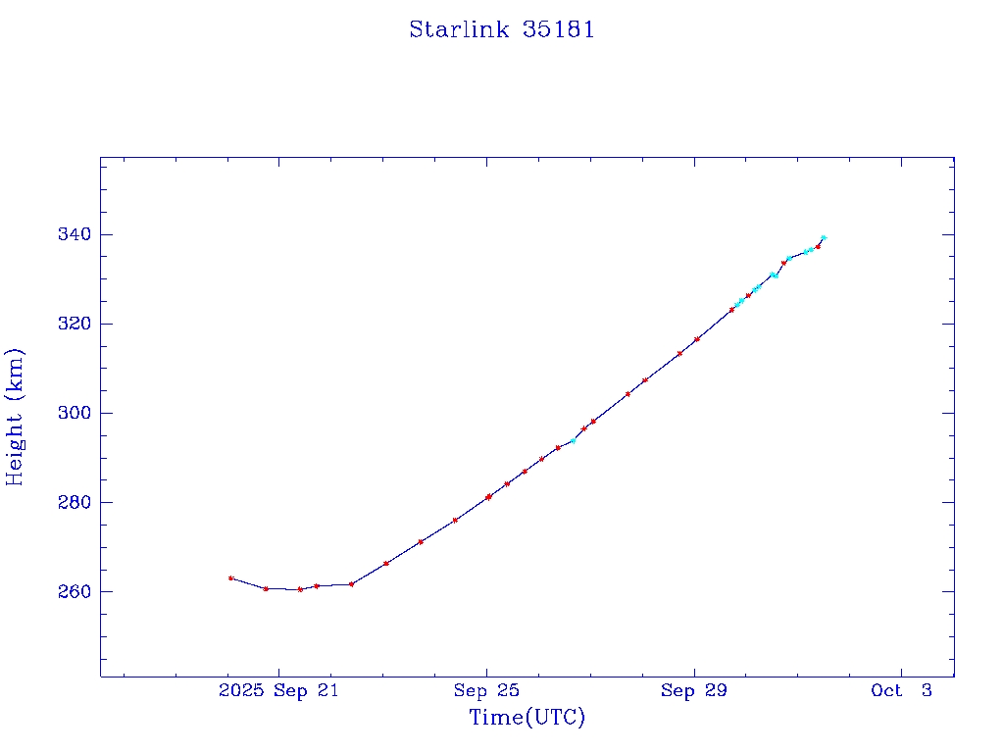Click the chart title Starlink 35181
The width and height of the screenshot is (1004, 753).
click(x=502, y=29)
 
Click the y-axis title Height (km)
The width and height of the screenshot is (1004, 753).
click(x=15, y=416)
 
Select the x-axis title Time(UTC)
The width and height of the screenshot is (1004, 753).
click(x=527, y=718)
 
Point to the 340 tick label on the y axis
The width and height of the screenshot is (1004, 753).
click(x=73, y=234)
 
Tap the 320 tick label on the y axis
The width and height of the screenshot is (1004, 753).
click(x=73, y=324)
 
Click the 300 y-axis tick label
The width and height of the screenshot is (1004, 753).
click(x=73, y=413)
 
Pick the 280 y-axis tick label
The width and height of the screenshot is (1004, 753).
click(x=73, y=502)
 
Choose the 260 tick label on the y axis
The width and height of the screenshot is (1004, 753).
click(x=73, y=591)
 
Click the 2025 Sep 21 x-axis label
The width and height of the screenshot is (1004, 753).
click(x=278, y=690)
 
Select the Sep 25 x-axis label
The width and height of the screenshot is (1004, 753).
click(x=486, y=690)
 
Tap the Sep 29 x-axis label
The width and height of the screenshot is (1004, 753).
click(x=694, y=690)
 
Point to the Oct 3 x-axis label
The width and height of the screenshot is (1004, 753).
click(x=901, y=690)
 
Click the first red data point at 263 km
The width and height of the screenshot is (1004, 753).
click(x=230, y=577)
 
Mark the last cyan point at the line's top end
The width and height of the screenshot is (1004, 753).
click(x=824, y=237)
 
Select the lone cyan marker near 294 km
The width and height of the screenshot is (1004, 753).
click(x=574, y=440)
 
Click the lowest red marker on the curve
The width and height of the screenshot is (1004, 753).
click(x=300, y=589)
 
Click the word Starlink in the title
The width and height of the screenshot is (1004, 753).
click(x=459, y=29)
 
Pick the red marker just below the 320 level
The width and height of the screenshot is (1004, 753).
click(x=696, y=339)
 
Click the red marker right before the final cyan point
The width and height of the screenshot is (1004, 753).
click(x=818, y=246)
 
